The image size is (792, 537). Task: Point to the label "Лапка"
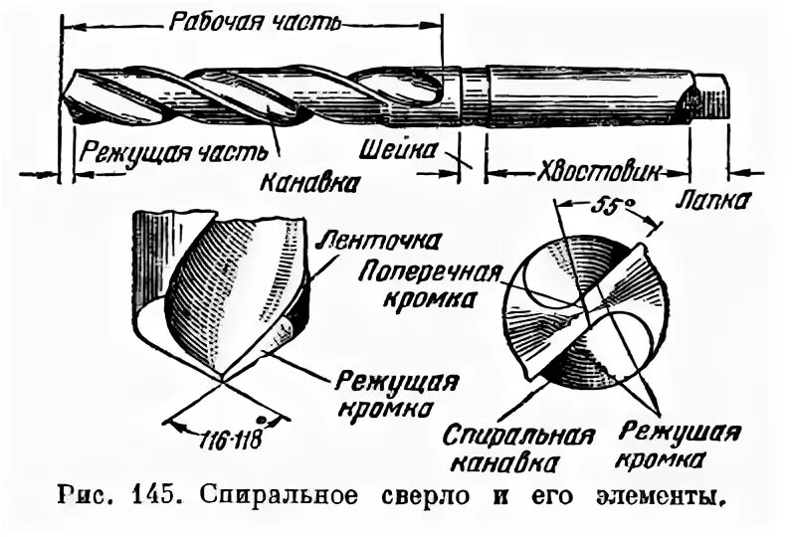point(714,200)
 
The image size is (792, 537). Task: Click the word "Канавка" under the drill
point(310,182)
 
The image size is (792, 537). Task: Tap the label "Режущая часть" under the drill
point(174,151)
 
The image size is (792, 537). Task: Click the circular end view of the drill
point(582,309)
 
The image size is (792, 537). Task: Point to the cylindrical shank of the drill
point(587,94)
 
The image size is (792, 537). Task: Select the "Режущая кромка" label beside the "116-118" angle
point(396,395)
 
